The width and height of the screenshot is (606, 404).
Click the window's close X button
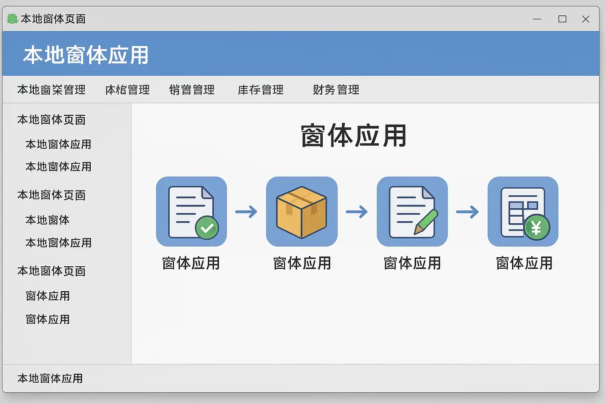coord(585,19)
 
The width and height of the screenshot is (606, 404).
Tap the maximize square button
coord(562,19)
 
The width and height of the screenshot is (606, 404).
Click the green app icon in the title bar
coord(13,19)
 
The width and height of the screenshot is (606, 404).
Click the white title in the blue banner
coord(86,55)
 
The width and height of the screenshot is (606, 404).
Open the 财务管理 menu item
coord(336,90)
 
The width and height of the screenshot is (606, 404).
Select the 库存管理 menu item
coord(260,90)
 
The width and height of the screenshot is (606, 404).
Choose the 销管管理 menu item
coord(192,90)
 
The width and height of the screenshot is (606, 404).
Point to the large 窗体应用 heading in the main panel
coord(353,136)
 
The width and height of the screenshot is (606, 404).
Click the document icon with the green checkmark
coord(191,211)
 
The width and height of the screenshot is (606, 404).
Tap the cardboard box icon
coord(302,211)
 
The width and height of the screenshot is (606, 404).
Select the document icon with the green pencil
coord(412,211)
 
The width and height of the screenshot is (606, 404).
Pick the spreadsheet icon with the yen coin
coord(523,211)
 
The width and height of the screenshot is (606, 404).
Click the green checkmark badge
coord(207,228)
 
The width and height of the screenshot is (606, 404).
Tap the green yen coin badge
coord(536,228)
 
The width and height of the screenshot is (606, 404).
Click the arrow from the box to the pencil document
coord(357,212)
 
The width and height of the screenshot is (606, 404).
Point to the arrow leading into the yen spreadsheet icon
coord(467,212)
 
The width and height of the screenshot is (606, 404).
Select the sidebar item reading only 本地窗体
coord(47,220)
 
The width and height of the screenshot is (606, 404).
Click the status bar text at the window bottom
coord(50,378)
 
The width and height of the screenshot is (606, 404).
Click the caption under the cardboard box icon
coord(302,263)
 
